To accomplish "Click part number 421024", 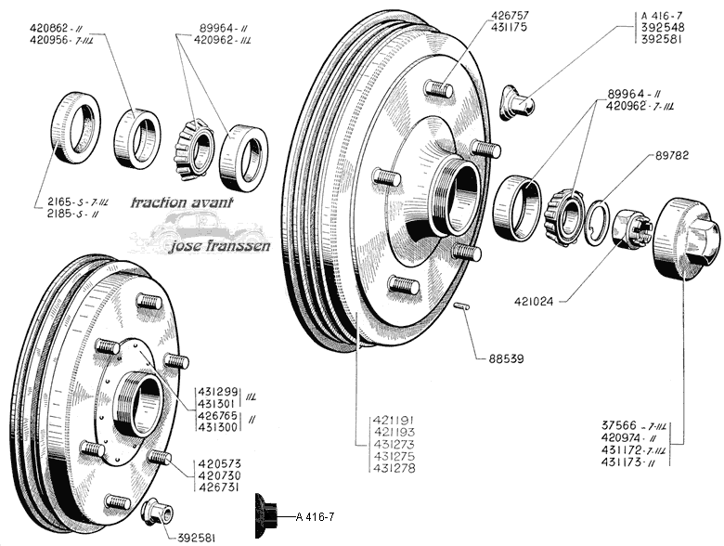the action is coord(534,302).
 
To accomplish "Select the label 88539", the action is coord(507,358).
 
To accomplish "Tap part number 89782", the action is coord(672,155).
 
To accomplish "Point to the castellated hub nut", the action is coord(632,228).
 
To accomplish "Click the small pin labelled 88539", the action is coord(461,306).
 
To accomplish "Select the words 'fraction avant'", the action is coord(182,202).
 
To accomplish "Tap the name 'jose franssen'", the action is coord(220,245).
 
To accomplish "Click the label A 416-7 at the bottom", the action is coord(315,517).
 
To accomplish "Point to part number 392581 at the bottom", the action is coord(197,539).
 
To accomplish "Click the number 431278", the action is coord(394,468).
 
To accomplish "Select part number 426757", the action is coord(510,16).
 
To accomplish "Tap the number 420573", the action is coord(220,463).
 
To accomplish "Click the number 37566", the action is coord(618,425).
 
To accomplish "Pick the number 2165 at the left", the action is coord(59,201).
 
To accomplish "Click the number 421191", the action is coord(394,421).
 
